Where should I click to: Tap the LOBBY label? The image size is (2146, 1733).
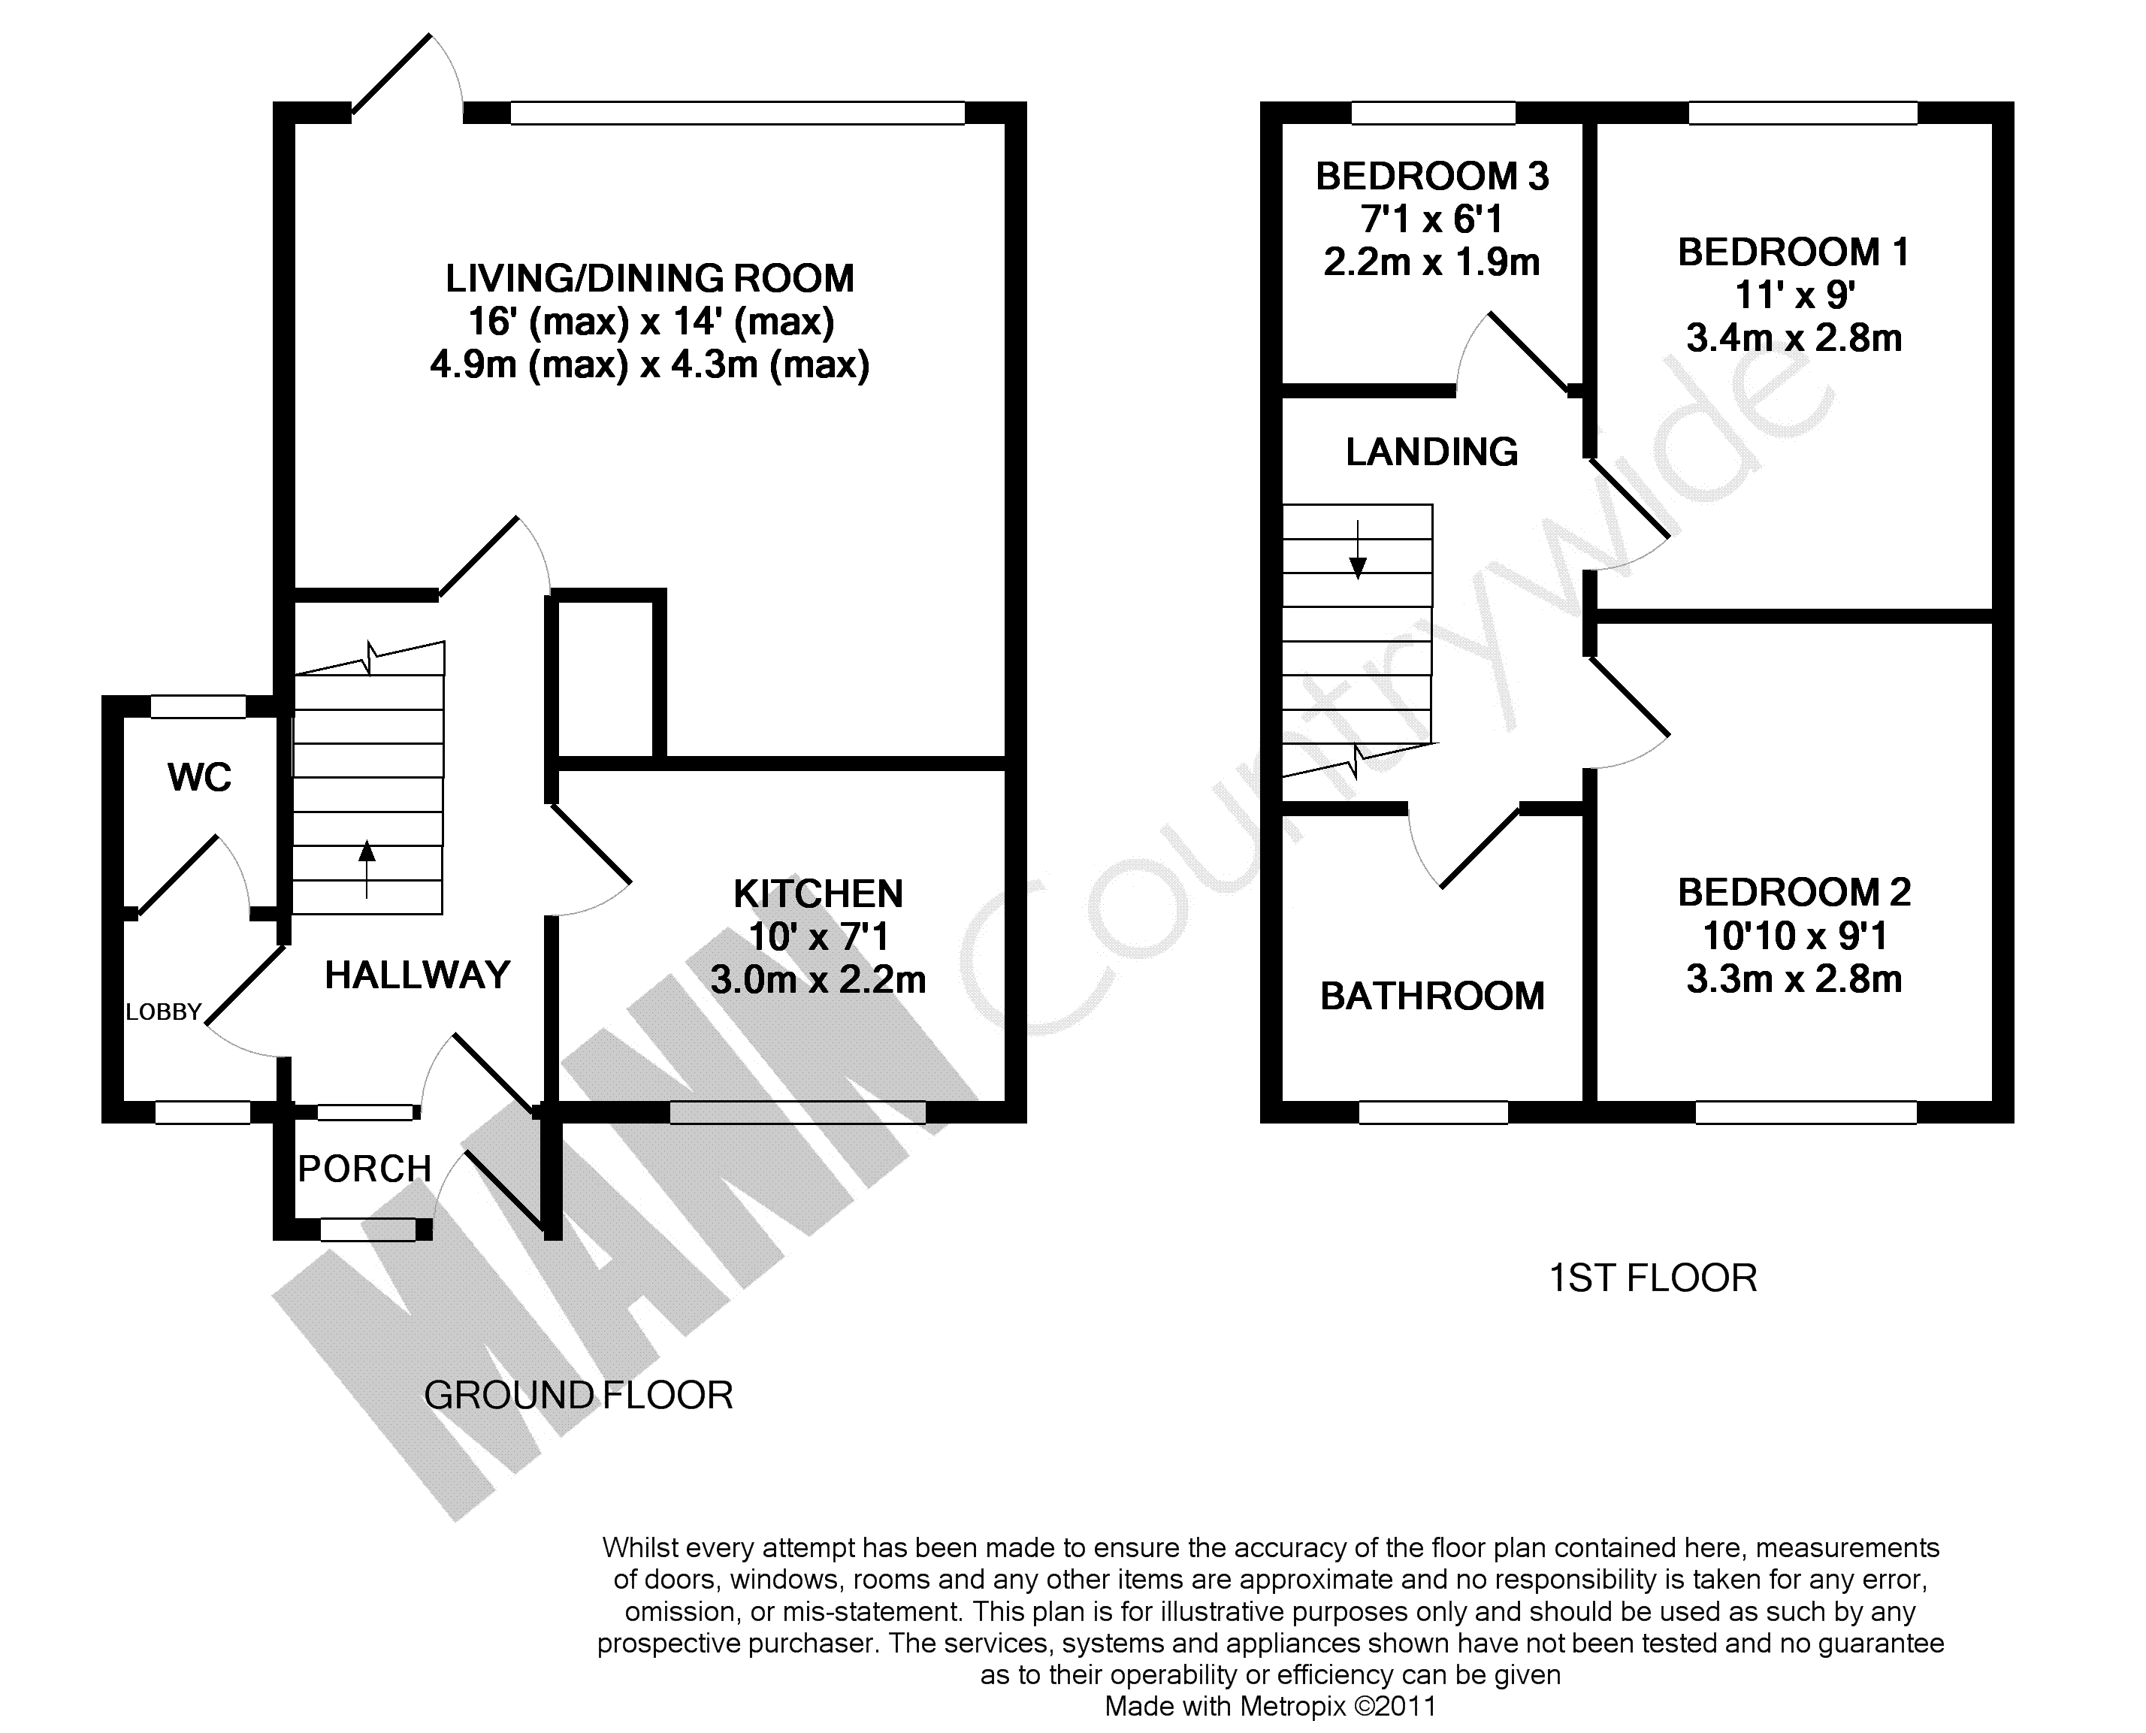(164, 1012)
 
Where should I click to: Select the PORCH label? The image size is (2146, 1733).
(364, 1168)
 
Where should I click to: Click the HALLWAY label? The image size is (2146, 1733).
(417, 974)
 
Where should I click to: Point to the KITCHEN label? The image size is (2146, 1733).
(818, 894)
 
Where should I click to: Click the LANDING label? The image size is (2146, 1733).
(1431, 452)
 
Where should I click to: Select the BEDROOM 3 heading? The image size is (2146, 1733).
(1432, 177)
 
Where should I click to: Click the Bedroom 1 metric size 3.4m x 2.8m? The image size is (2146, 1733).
(1794, 338)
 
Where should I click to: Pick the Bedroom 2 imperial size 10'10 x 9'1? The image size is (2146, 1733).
(1794, 936)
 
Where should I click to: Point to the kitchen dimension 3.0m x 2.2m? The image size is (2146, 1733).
(818, 979)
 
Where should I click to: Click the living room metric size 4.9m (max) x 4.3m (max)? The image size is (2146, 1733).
(650, 364)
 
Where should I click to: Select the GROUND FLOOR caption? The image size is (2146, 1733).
(578, 1395)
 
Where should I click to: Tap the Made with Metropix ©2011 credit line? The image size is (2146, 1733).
(1270, 1707)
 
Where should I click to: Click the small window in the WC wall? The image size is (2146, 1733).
(198, 706)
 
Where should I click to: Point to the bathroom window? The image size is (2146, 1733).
(1434, 1112)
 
